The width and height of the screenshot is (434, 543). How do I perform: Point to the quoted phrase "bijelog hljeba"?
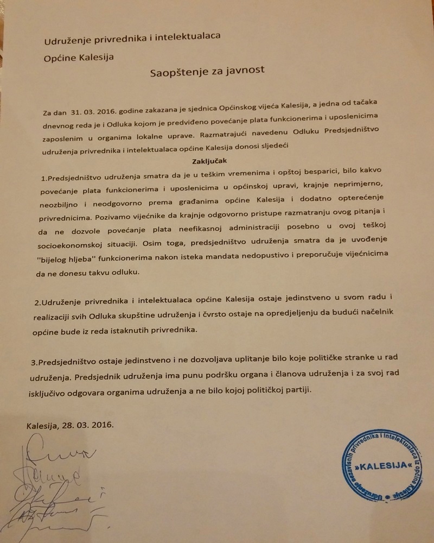(67, 260)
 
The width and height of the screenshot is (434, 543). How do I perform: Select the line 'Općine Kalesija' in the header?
(79, 57)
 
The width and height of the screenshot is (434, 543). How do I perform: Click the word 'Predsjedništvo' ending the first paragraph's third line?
(355, 130)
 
